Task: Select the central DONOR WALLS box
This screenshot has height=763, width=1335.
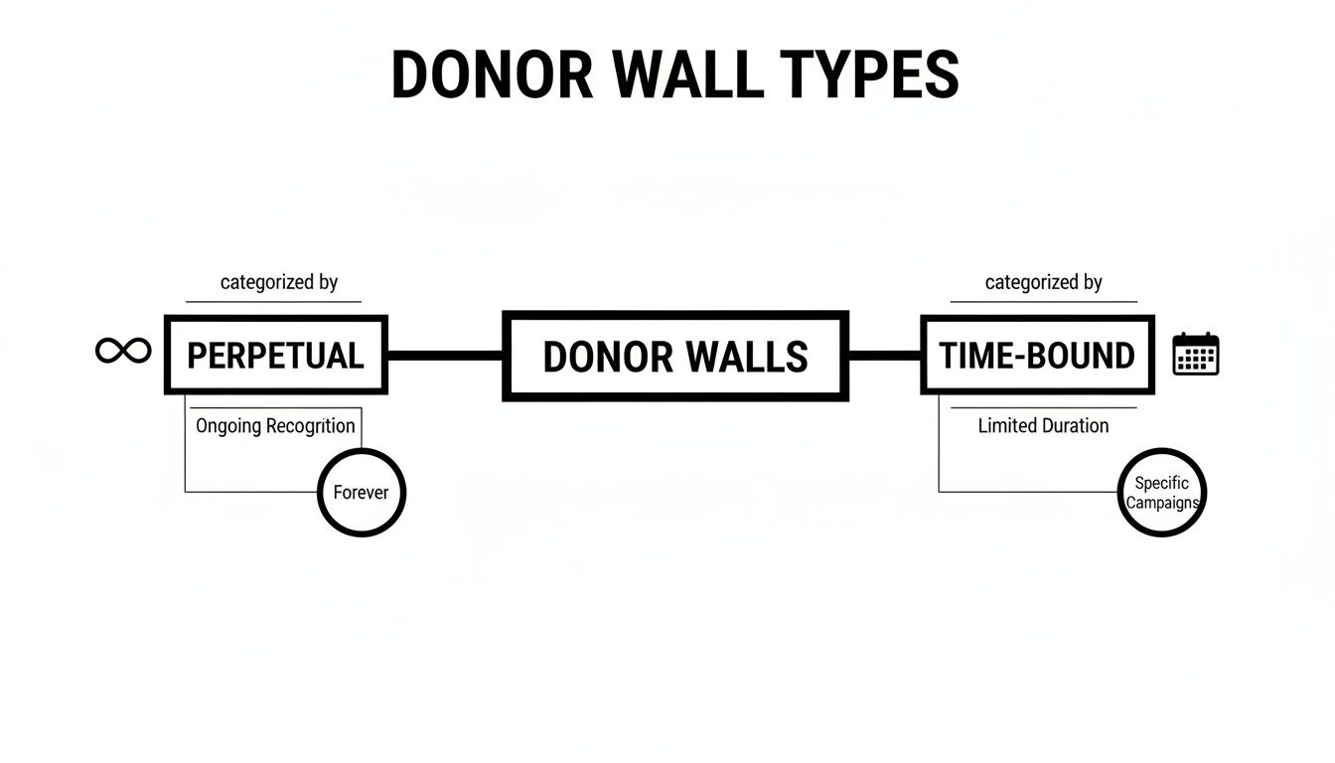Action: click(x=675, y=356)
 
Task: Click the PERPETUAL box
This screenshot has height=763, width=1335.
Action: click(x=275, y=355)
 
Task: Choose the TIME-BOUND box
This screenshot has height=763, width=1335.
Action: click(x=1037, y=355)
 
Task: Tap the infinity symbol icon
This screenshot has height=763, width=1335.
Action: click(x=123, y=351)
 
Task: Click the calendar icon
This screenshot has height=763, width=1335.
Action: click(x=1195, y=354)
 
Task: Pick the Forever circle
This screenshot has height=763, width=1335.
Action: click(x=362, y=492)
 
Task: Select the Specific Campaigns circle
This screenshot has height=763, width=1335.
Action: click(x=1161, y=493)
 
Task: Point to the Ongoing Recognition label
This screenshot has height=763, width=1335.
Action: click(x=275, y=426)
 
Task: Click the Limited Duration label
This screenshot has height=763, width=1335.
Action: click(x=1043, y=426)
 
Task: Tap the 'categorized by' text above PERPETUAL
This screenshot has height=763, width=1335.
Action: click(x=279, y=282)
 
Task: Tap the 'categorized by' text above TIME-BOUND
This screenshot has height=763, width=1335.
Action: click(x=1043, y=282)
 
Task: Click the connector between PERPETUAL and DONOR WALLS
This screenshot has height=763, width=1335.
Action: click(x=445, y=355)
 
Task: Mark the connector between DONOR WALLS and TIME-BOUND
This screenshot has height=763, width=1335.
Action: click(x=884, y=355)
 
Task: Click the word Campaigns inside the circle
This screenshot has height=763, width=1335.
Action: click(x=1161, y=503)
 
